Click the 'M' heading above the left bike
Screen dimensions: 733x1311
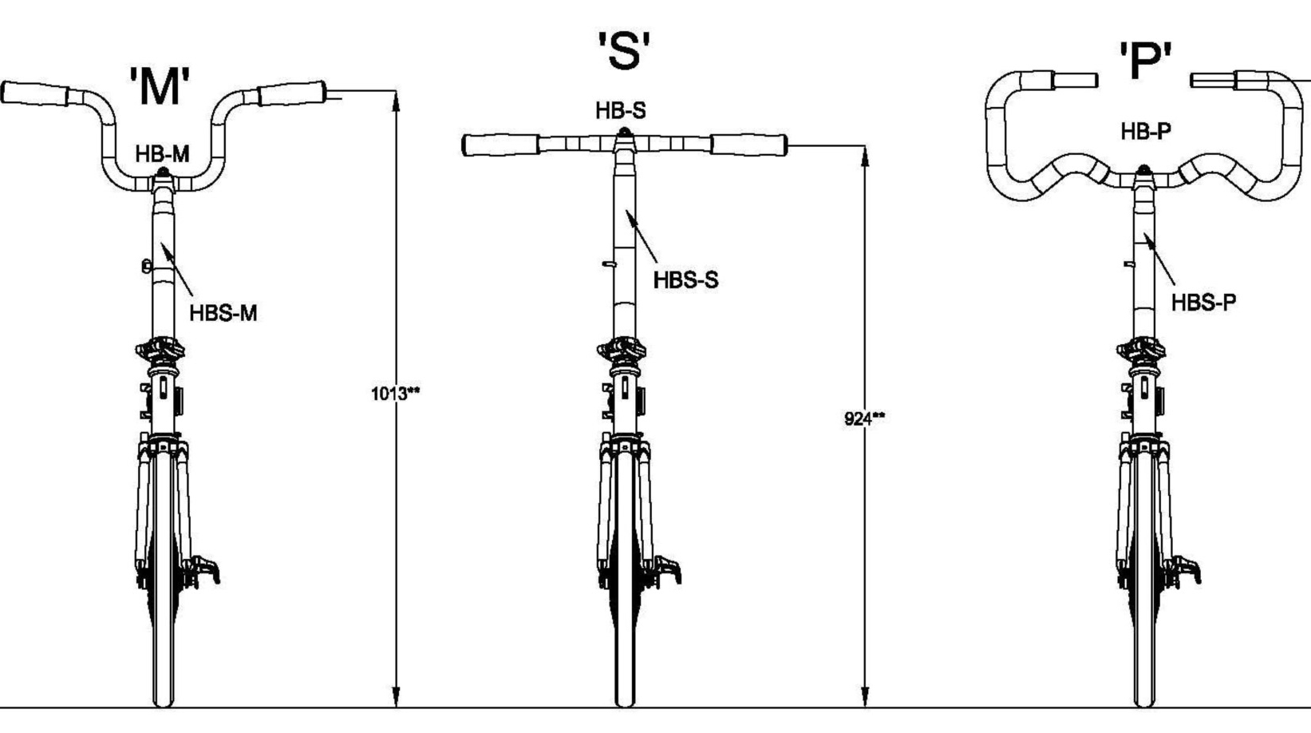pos(160,86)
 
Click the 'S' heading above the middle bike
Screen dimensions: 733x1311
pos(624,51)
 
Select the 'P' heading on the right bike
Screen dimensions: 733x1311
pos(1145,61)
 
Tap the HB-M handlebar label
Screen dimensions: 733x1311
pos(162,154)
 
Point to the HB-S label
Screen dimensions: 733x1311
pos(620,111)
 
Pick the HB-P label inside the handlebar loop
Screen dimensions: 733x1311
pos(1146,132)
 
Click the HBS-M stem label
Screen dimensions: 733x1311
pos(223,313)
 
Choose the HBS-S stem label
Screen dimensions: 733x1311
pos(685,280)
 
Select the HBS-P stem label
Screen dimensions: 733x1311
pos(1203,303)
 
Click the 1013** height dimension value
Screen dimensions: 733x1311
pos(395,393)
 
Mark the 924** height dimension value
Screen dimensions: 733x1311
pos(864,418)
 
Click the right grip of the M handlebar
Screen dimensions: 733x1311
pos(291,93)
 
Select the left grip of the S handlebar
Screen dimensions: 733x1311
pos(500,145)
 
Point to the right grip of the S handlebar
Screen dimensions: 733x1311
pos(748,145)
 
